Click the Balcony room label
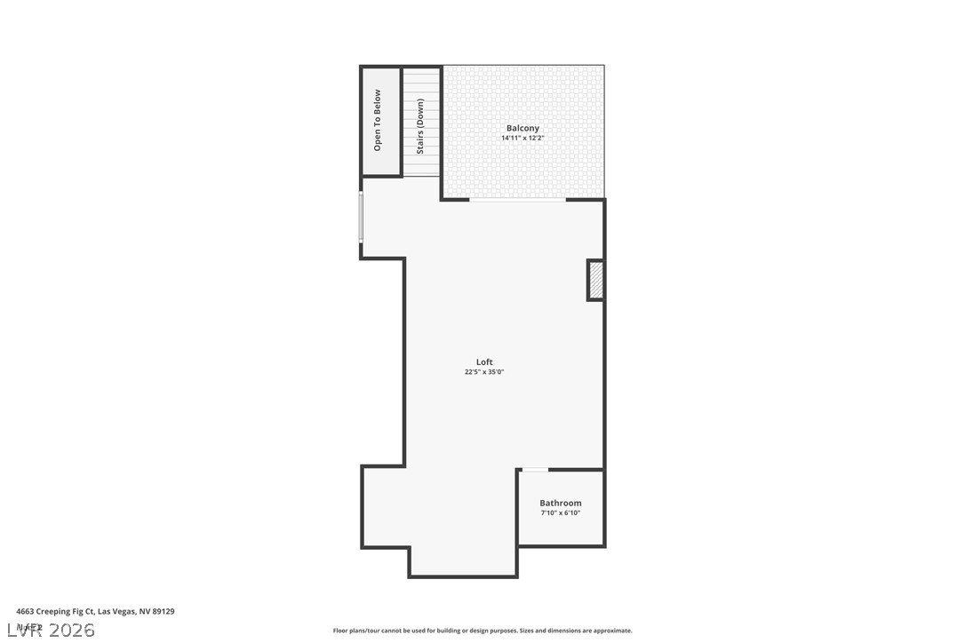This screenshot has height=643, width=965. click(522, 129)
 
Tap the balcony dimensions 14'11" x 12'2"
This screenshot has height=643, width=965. click(522, 139)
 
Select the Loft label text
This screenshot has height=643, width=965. click(484, 362)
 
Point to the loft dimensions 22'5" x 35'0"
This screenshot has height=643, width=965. click(484, 372)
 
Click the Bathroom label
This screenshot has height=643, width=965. click(561, 504)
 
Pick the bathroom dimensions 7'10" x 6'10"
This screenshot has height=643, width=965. click(561, 513)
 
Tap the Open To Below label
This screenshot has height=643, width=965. click(378, 120)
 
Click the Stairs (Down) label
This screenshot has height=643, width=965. click(420, 126)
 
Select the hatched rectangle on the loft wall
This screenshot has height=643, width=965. click(595, 280)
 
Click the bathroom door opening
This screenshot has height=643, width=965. click(535, 470)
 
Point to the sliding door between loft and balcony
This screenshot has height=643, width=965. click(517, 200)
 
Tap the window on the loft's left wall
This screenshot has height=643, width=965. click(361, 217)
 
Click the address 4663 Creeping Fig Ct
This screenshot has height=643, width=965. click(54, 611)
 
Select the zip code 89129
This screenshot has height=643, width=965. click(163, 611)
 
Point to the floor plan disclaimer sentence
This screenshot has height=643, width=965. click(482, 631)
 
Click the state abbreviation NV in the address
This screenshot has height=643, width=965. click(144, 611)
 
